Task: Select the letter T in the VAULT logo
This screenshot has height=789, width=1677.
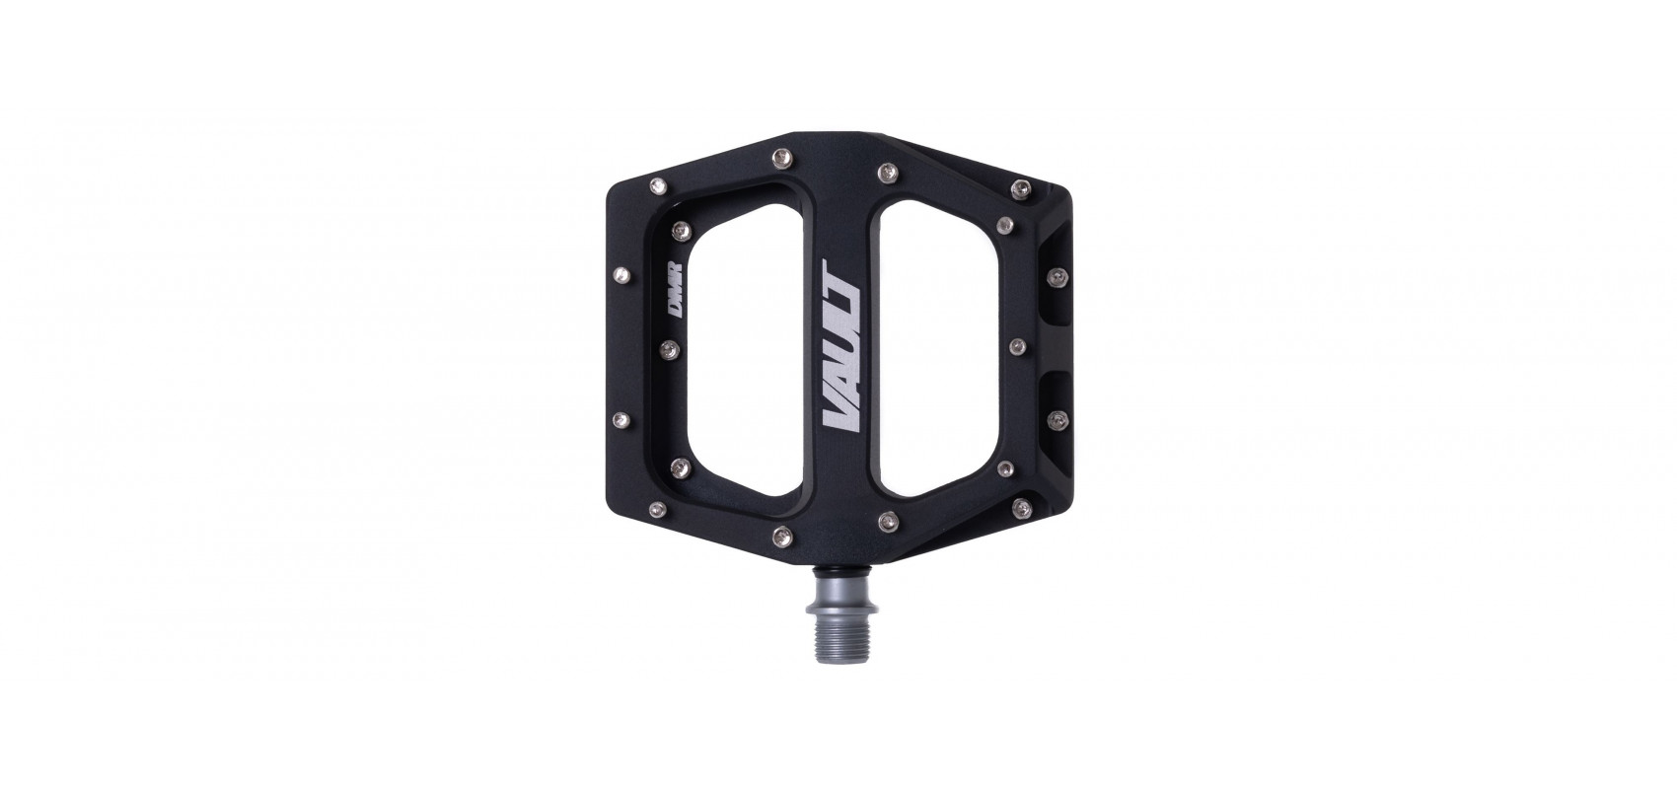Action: click(841, 277)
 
